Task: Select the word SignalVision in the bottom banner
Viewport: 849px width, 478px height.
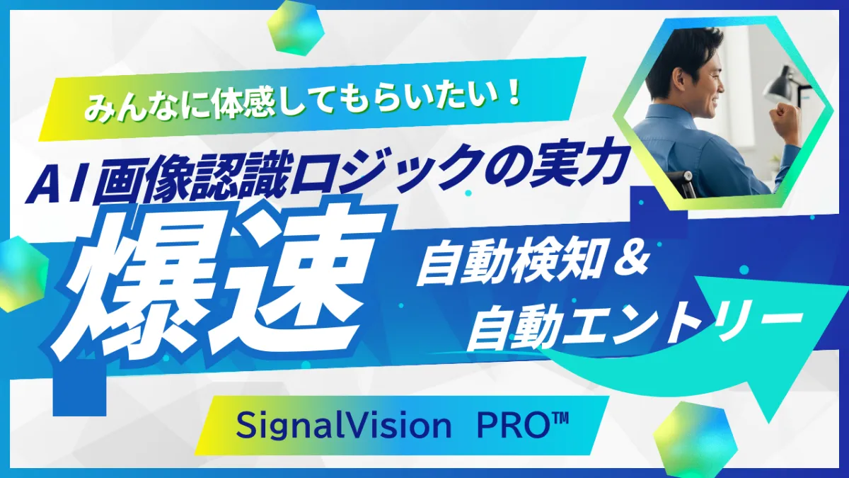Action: click(343, 426)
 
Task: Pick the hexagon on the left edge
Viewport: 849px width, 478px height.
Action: click(18, 273)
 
